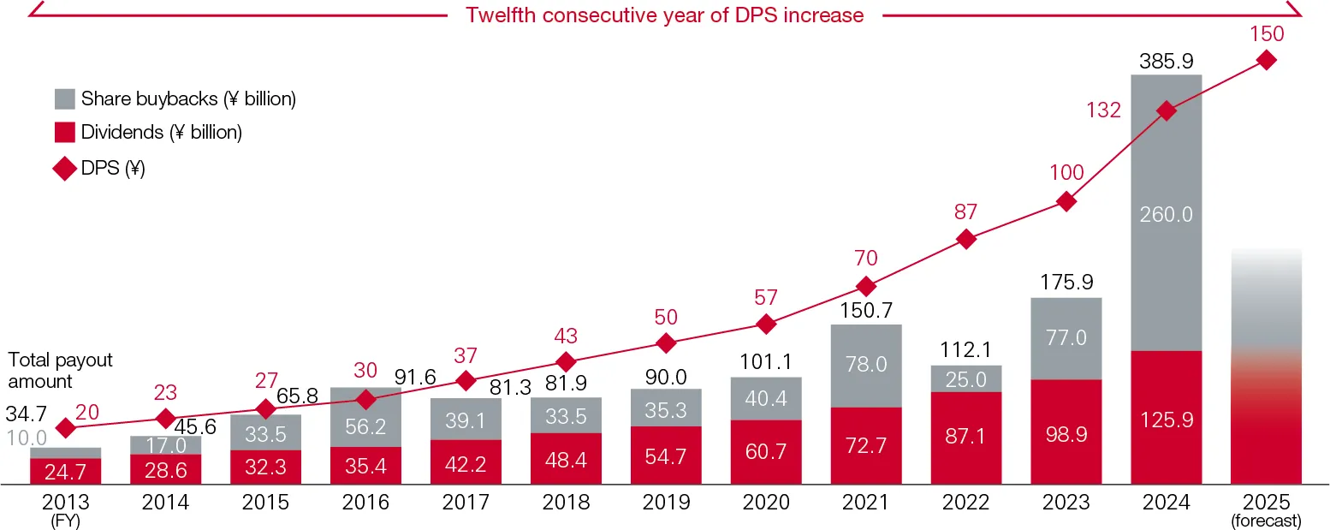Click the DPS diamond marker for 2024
(x=1166, y=110)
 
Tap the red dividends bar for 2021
(x=865, y=445)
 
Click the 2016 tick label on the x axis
(x=365, y=503)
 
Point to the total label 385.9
(x=1166, y=62)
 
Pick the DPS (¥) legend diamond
(x=65, y=169)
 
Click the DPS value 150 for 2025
(x=1267, y=34)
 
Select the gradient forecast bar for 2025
(x=1266, y=368)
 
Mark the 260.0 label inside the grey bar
(x=1166, y=214)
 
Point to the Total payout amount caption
(x=60, y=370)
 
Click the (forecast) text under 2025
(x=1266, y=520)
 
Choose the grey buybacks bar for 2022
(x=965, y=378)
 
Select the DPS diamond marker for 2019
(x=666, y=343)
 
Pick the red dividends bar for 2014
(x=165, y=469)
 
